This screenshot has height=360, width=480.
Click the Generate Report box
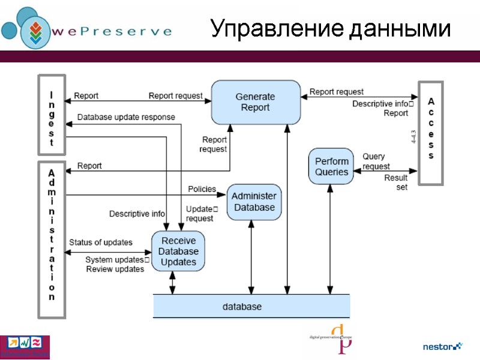(255, 102)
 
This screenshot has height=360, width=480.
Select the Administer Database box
(254, 202)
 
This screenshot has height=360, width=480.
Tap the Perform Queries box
(331, 167)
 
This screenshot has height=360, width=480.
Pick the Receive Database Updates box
(178, 251)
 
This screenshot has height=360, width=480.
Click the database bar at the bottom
(251, 307)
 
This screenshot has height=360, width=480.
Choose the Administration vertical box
(51, 239)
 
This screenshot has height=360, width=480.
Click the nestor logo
(443, 346)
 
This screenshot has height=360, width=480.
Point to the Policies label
(202, 189)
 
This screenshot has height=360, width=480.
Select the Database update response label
(126, 117)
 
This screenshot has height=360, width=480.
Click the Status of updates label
(101, 242)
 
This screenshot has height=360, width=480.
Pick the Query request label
(376, 161)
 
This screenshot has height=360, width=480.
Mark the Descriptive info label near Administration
(137, 214)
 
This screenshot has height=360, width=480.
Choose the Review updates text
(115, 269)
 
